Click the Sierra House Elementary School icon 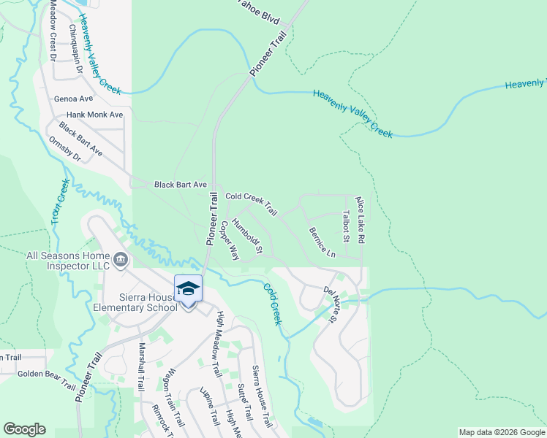tap(188, 288)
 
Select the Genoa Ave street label tap(74, 99)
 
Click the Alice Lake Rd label tap(359, 219)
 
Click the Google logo tap(25, 429)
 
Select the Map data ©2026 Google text tap(502, 432)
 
